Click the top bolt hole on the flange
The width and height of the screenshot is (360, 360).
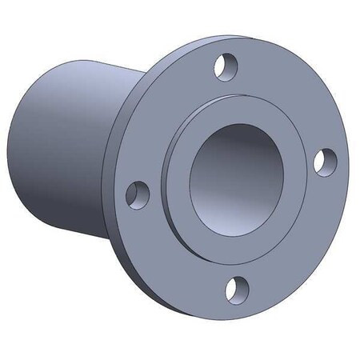click(x=227, y=63)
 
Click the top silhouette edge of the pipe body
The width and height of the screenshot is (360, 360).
click(x=80, y=58)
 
